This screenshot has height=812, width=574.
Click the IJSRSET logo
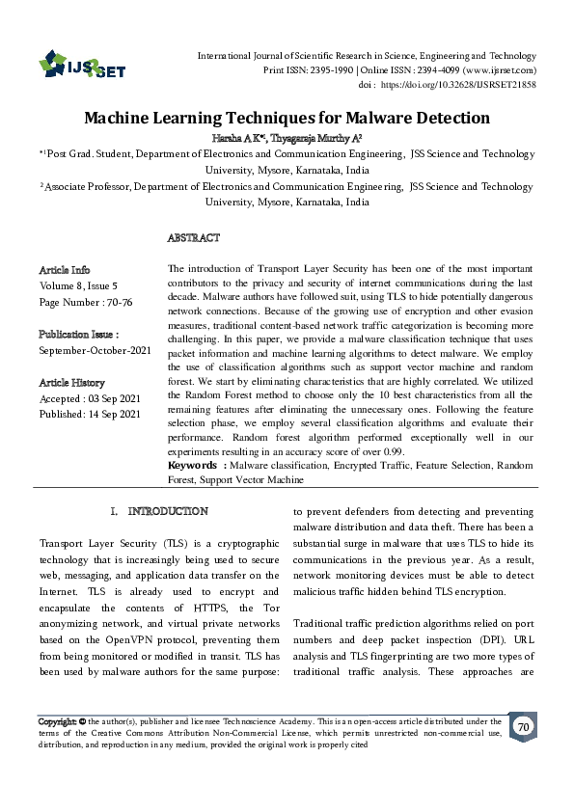click(82, 65)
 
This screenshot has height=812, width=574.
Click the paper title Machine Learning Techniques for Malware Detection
click(287, 119)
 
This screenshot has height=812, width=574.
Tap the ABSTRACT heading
click(193, 237)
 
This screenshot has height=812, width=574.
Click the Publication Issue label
click(78, 334)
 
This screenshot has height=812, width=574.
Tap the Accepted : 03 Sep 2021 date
click(90, 398)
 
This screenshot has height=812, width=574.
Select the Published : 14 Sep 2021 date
click(90, 414)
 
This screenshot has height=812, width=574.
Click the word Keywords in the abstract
click(197, 466)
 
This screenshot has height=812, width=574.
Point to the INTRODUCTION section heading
click(166, 510)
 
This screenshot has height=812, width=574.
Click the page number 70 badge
click(524, 726)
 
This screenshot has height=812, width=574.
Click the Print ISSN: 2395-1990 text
click(308, 70)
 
